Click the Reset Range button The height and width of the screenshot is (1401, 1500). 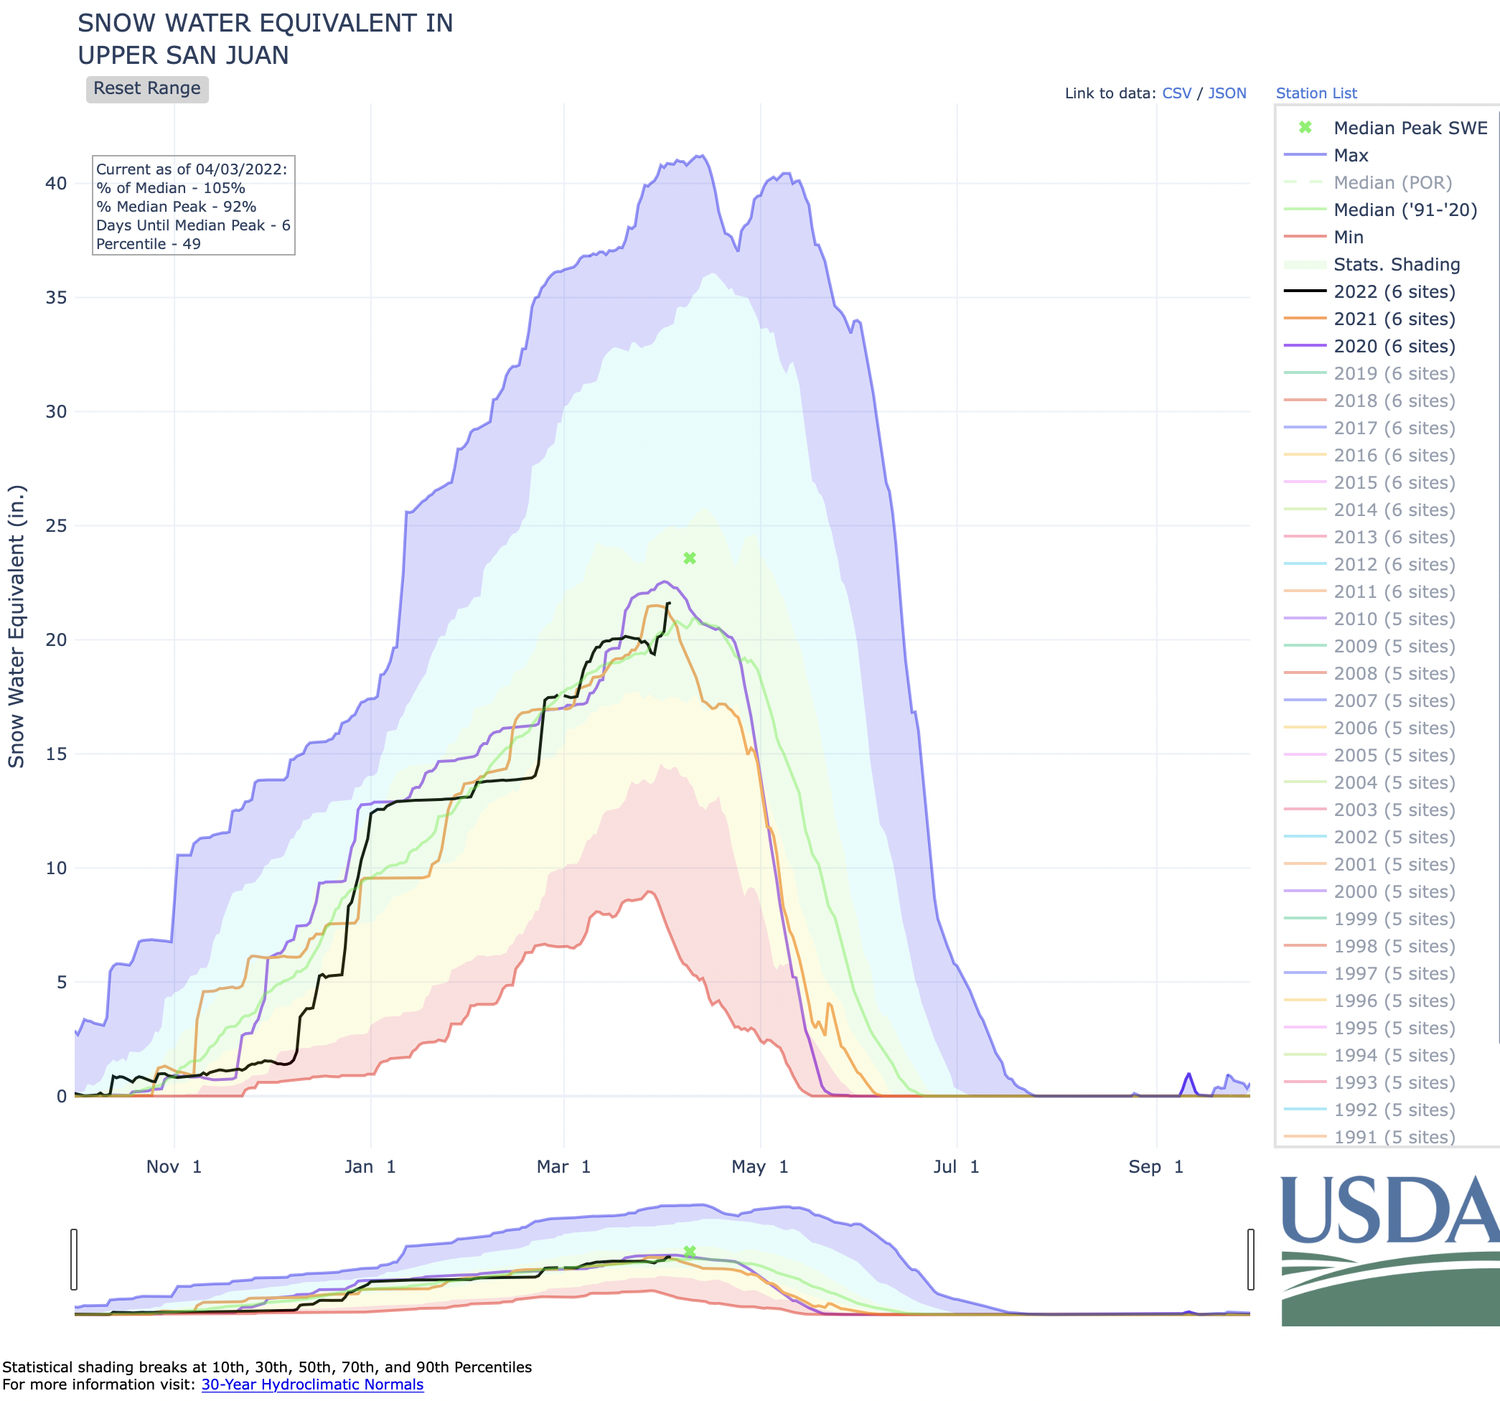(x=147, y=89)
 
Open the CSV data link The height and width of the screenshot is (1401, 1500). (x=1176, y=93)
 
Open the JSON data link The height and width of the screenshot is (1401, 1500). (x=1227, y=93)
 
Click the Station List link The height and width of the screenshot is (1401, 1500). (x=1316, y=93)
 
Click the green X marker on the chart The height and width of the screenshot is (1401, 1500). (x=690, y=558)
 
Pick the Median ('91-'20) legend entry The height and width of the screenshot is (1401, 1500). (x=1404, y=210)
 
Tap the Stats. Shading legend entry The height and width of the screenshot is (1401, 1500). (x=1396, y=265)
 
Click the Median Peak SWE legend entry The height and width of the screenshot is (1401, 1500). (x=1410, y=128)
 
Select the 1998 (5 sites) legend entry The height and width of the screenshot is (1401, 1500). (x=1394, y=947)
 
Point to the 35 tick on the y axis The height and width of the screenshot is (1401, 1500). (x=57, y=298)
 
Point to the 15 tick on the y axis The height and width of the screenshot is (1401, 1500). (x=57, y=754)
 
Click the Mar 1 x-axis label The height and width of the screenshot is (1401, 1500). (x=563, y=1167)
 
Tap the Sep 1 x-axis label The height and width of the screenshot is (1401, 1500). (x=1156, y=1167)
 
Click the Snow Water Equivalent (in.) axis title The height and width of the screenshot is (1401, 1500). (x=17, y=626)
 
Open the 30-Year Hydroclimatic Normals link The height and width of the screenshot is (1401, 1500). (x=312, y=1384)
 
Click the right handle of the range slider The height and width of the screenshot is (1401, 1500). (x=1250, y=1259)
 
